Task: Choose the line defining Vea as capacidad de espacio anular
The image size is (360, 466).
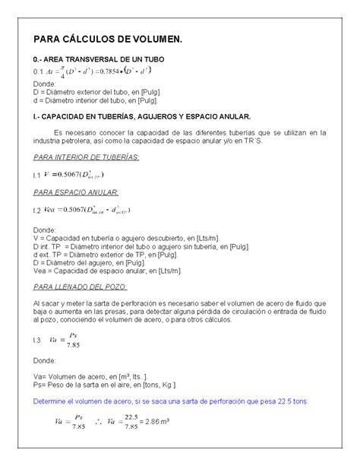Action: point(107,271)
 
